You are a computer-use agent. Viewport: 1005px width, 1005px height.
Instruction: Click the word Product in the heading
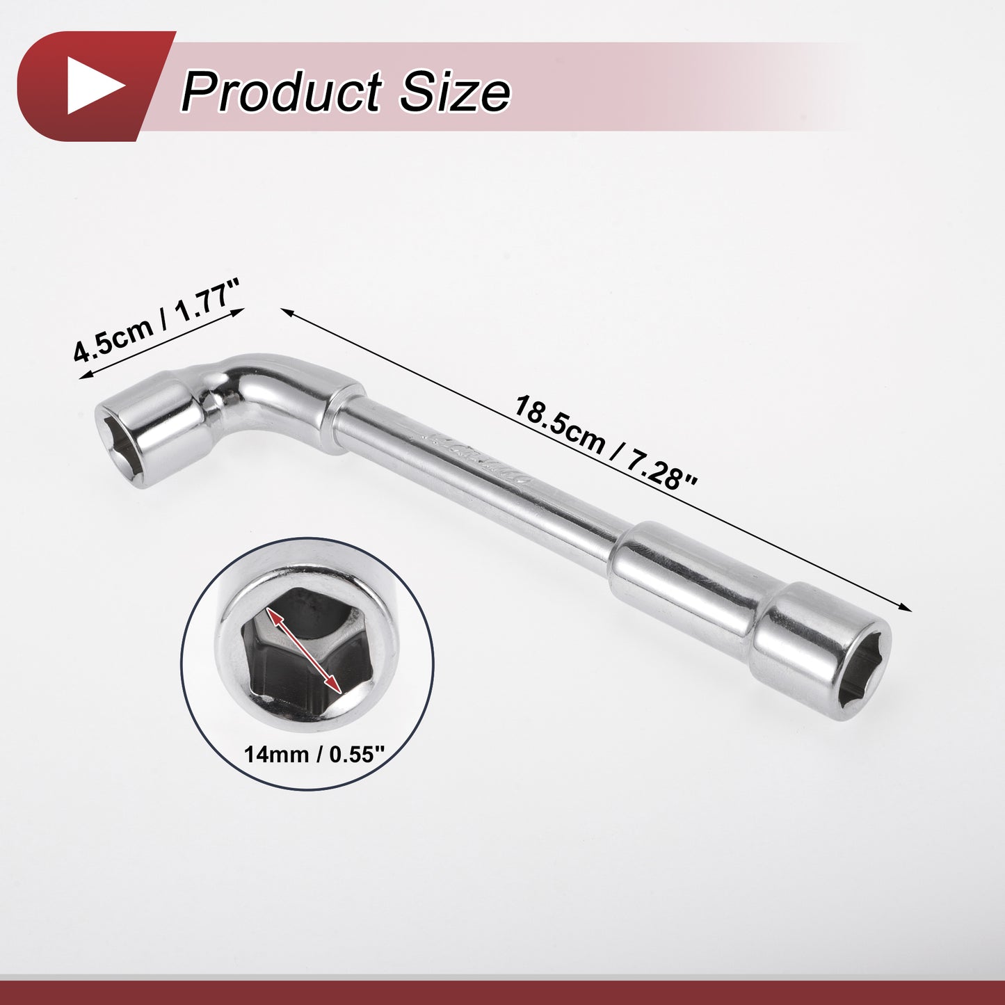(x=282, y=93)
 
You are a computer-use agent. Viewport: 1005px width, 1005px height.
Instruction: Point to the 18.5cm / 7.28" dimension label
(x=606, y=444)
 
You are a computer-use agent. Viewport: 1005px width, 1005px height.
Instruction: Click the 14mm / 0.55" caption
(x=314, y=754)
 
